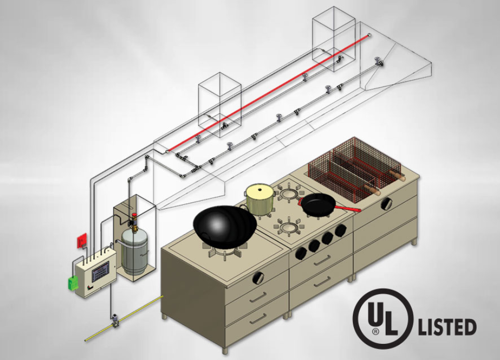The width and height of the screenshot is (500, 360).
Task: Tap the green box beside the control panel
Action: click(x=73, y=283)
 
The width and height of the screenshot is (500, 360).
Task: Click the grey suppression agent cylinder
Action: click(x=134, y=251)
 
